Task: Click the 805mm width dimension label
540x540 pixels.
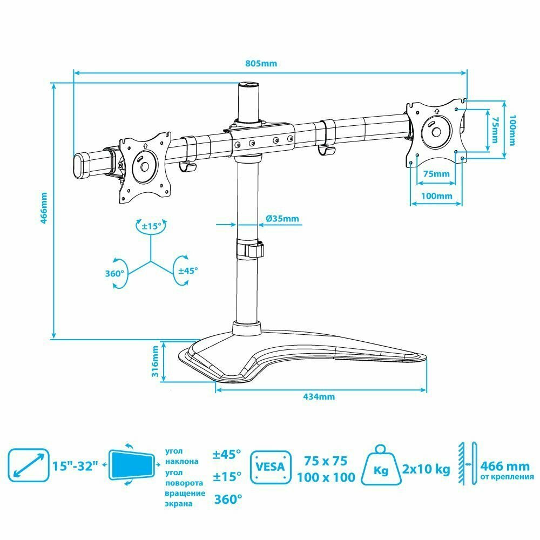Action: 261,63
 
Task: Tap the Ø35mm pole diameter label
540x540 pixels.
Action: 282,219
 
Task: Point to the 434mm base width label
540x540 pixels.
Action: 319,396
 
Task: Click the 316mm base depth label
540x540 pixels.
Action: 155,362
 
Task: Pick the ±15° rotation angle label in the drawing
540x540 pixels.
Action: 151,227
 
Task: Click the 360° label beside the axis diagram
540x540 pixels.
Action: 114,273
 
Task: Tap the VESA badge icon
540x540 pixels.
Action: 270,465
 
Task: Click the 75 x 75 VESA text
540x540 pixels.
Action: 325,461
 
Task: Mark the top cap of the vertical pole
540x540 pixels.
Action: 247,85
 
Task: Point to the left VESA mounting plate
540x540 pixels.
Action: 145,168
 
